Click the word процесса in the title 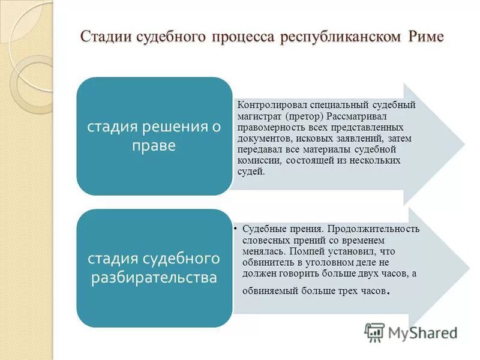click(239, 37)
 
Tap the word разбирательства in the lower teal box click(153, 278)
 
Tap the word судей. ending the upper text click(251, 172)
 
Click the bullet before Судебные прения click(238, 229)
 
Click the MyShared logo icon click(374, 332)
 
